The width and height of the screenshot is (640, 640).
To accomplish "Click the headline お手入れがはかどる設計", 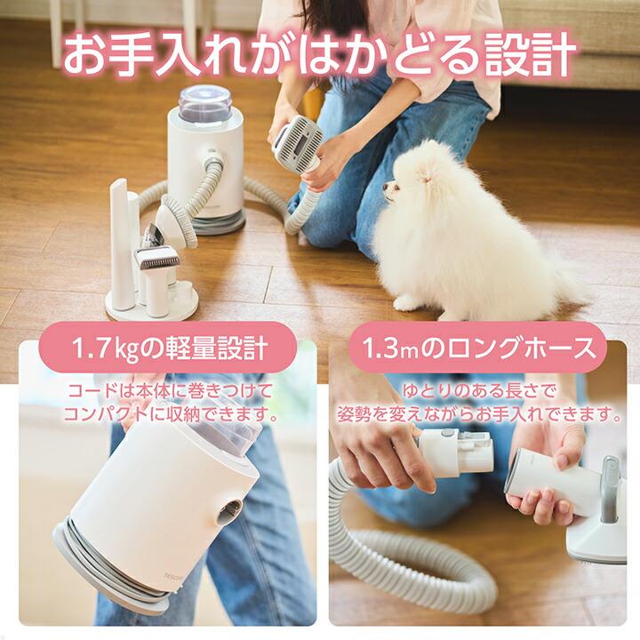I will coord(320,55).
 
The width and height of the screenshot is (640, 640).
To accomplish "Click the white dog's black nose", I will coord(385,185).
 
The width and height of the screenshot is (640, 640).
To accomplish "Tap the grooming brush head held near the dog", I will coord(298,141).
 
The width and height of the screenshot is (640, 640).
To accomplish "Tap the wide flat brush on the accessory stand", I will coord(156,258).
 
